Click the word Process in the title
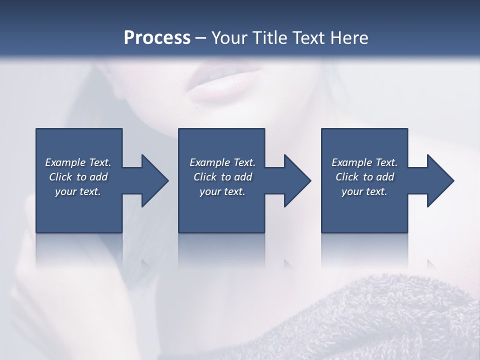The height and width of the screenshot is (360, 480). (x=157, y=38)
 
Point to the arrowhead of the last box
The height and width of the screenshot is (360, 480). (x=439, y=180)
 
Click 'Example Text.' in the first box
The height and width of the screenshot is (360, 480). (x=78, y=162)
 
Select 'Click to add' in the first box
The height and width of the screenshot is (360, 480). (x=78, y=177)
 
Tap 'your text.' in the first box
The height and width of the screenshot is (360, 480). (x=78, y=191)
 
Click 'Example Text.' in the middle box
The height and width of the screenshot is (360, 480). (x=222, y=162)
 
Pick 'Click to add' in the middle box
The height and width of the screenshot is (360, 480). (x=222, y=177)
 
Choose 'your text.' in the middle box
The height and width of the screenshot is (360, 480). (x=222, y=191)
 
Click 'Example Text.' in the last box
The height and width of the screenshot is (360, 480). (x=364, y=162)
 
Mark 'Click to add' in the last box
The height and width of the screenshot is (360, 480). (x=364, y=177)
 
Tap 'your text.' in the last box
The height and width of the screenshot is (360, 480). (x=364, y=191)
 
